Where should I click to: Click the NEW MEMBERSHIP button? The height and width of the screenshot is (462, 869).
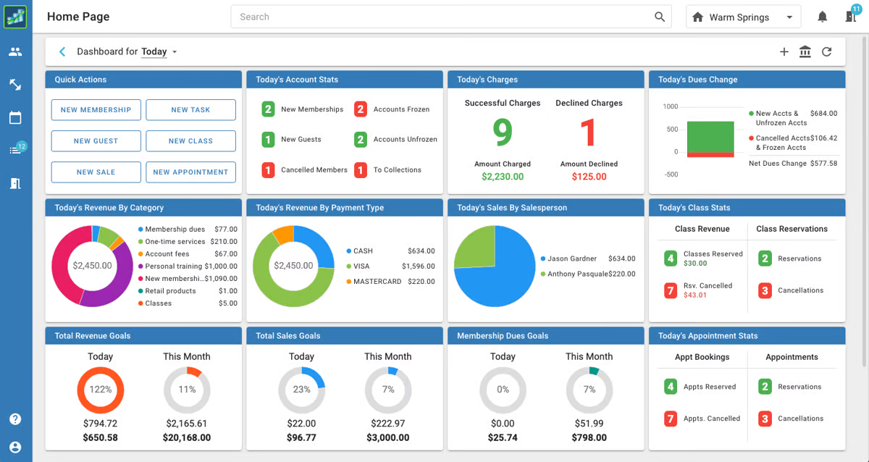(x=96, y=110)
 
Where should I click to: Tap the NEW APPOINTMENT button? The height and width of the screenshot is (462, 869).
(x=190, y=172)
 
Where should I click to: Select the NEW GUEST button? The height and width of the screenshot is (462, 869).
(x=96, y=140)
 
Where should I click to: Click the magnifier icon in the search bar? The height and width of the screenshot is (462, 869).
(x=660, y=17)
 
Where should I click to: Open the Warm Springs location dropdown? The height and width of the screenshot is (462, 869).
(x=743, y=17)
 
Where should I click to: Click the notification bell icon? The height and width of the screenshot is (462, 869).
(x=822, y=17)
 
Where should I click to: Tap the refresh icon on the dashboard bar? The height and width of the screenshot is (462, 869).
(x=827, y=51)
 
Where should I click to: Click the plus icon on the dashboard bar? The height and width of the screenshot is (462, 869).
(x=784, y=51)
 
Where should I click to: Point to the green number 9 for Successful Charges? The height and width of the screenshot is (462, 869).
(x=503, y=133)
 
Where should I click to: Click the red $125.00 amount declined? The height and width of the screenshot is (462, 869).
(x=589, y=177)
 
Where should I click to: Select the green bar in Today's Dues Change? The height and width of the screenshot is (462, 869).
(x=710, y=137)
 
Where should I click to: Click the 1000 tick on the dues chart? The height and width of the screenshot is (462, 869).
(x=671, y=106)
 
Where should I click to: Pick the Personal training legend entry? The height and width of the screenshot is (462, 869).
(x=188, y=266)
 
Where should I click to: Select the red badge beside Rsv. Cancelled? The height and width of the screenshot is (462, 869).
(x=671, y=290)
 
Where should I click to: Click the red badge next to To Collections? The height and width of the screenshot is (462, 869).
(x=361, y=170)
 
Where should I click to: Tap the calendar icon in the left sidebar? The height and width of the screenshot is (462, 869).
(x=15, y=117)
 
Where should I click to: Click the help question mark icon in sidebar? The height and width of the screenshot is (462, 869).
(x=15, y=419)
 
